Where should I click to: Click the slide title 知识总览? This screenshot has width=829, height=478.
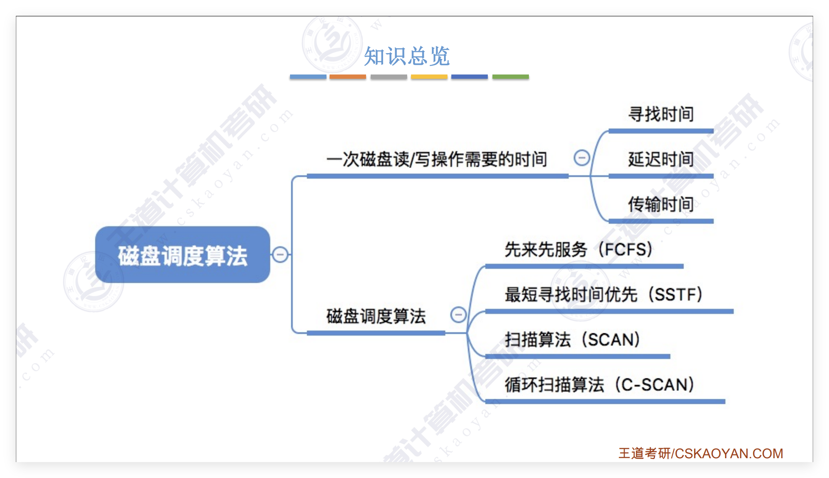407,56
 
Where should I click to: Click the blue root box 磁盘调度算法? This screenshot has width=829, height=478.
183,255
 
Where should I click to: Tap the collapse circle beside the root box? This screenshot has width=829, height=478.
280,255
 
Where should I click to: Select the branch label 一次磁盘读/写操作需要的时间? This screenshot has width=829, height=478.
437,159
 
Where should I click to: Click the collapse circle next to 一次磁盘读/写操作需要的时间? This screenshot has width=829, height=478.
581,158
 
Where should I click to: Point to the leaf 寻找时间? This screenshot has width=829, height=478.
661,114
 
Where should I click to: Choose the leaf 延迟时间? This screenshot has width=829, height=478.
661,159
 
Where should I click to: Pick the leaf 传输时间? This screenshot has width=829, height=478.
661,204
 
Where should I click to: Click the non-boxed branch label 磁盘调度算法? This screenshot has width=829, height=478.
376,316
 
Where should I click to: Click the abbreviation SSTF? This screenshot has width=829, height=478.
678,294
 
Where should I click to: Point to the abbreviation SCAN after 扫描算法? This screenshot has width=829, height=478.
614,339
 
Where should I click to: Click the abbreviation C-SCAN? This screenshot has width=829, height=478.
657,384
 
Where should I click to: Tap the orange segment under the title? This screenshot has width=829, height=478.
348,77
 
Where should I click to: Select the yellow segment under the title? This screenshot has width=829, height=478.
429,77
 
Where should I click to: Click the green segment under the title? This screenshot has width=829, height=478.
510,77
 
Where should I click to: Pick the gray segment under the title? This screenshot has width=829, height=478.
389,77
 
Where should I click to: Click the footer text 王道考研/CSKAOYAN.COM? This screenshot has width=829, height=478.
701,453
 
